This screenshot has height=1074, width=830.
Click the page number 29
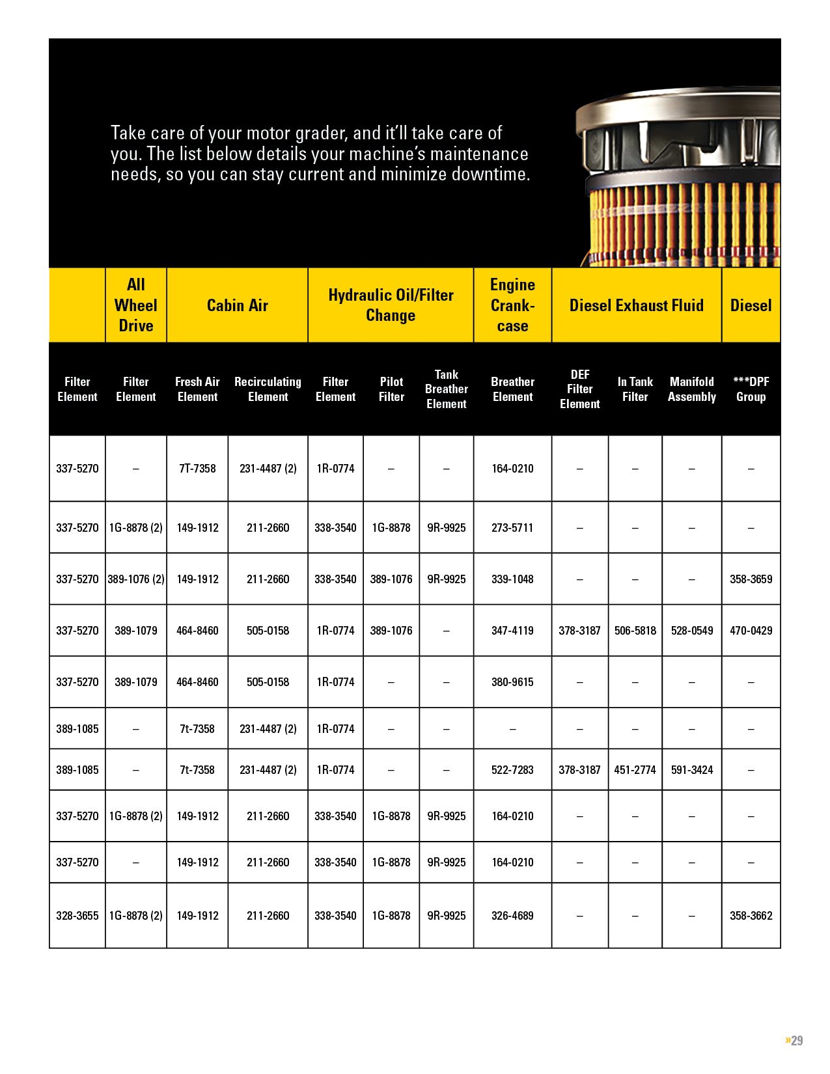(796, 1040)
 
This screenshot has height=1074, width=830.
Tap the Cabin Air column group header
(237, 305)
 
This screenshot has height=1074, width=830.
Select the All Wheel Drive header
(135, 305)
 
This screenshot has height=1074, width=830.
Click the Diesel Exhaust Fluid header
(636, 305)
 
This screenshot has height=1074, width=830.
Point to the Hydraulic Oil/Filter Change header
(391, 305)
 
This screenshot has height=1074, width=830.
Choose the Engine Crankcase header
(512, 305)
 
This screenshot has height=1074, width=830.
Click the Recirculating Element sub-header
(268, 389)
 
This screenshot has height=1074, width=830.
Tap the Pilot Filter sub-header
(391, 389)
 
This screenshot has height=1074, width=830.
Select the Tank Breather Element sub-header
(446, 389)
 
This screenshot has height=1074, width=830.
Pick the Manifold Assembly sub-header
(691, 389)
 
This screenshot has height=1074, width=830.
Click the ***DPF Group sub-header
(751, 389)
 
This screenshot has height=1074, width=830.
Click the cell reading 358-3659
(751, 579)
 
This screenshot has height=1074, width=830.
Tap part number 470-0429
(751, 630)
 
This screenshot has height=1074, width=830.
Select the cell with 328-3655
(77, 915)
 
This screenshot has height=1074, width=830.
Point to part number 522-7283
(512, 769)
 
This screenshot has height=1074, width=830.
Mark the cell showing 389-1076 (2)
(135, 579)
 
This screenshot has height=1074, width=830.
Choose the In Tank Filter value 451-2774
(635, 769)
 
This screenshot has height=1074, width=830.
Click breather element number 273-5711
(512, 527)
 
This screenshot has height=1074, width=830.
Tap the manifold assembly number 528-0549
(691, 630)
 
